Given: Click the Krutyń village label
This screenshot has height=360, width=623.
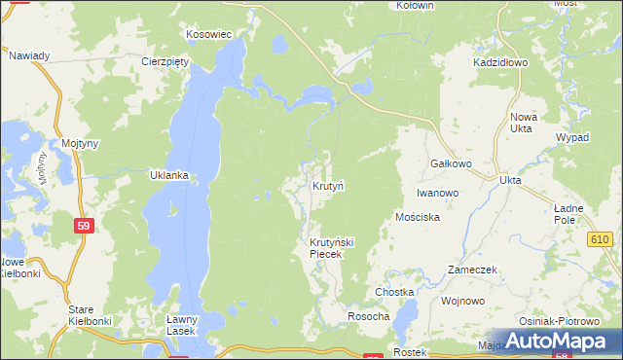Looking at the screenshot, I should [328, 185].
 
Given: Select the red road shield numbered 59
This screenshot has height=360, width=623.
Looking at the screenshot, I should [84, 225].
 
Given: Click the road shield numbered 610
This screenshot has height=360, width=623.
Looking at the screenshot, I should [599, 239].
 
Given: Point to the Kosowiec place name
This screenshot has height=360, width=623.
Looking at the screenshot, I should [208, 34].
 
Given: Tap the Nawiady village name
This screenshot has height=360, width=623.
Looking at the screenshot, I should [29, 55].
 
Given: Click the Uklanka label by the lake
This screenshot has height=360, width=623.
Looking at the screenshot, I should [167, 176].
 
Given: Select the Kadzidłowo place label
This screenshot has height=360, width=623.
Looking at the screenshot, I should [499, 61].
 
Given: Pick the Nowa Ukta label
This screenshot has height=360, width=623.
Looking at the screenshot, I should [523, 123].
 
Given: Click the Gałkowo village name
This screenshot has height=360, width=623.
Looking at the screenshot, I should [451, 163].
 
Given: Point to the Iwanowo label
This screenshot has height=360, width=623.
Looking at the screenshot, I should [437, 193].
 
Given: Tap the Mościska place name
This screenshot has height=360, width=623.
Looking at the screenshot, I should [419, 217].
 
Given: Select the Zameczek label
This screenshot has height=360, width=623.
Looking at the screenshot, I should [473, 270].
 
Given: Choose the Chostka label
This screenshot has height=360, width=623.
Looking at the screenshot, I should [395, 292].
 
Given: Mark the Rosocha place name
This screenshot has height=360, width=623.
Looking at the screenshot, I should [369, 316].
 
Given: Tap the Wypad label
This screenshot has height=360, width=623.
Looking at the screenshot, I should [571, 137].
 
